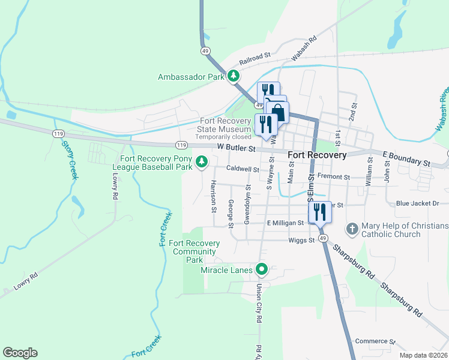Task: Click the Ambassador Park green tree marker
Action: point(234,76)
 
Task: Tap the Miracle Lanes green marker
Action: point(261,269)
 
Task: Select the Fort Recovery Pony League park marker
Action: point(202,161)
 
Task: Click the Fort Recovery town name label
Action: point(317,155)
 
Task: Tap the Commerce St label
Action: point(375,341)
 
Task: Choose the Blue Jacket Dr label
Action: point(418,204)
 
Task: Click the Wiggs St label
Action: point(303,241)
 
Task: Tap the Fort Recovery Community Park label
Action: point(194,251)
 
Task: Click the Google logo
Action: point(20,353)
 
